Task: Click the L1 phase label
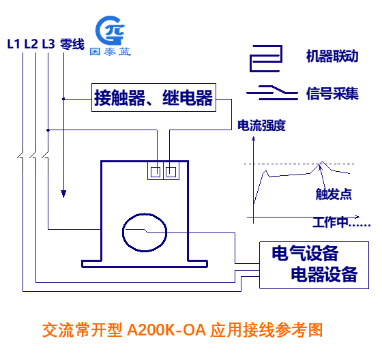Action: click(x=13, y=44)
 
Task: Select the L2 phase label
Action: click(x=31, y=44)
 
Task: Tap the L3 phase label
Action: click(x=48, y=44)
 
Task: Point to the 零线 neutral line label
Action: click(x=72, y=44)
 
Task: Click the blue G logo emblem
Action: click(x=110, y=31)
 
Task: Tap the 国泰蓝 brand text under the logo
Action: click(x=111, y=52)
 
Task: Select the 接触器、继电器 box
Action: click(x=153, y=97)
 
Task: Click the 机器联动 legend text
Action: click(x=332, y=57)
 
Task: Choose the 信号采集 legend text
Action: click(x=332, y=93)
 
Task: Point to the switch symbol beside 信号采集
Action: click(x=272, y=93)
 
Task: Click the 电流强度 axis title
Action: click(x=261, y=125)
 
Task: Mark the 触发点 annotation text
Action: click(x=334, y=194)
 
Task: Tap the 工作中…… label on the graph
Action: click(x=342, y=222)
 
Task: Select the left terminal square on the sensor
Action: click(x=156, y=172)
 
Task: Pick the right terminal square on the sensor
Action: click(x=171, y=172)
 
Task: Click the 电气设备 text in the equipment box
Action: click(x=305, y=254)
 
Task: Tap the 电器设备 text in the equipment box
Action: click(x=324, y=274)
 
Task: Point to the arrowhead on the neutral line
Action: click(x=63, y=194)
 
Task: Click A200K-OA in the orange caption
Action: click(x=166, y=330)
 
